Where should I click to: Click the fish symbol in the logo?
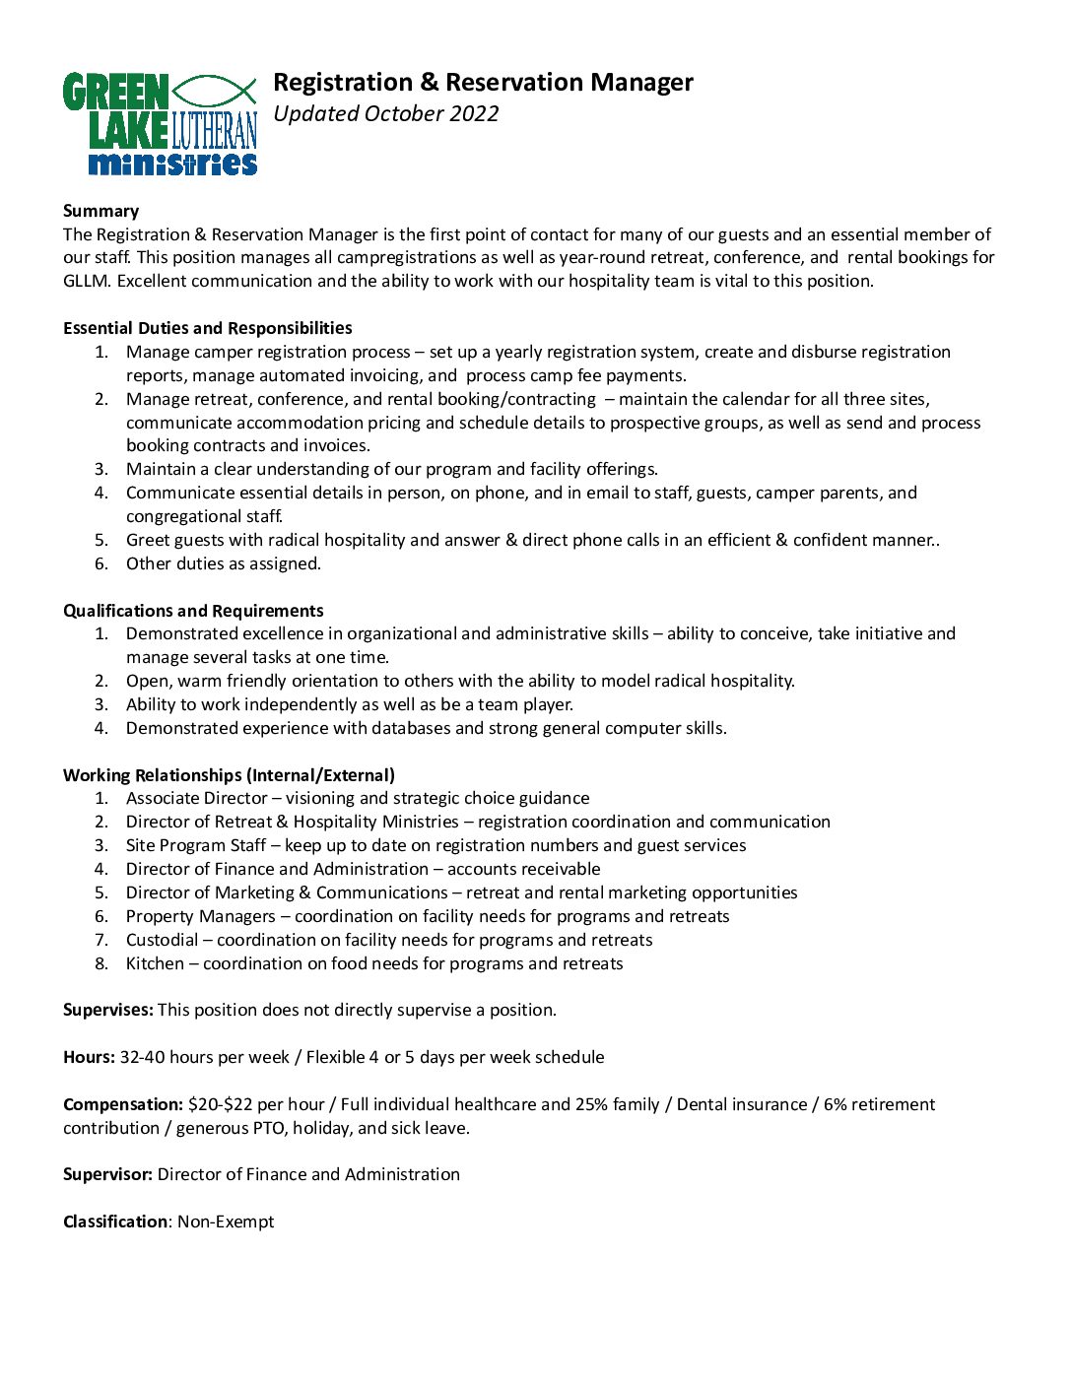215,91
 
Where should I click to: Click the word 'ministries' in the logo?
172,163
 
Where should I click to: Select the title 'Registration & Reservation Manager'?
483,83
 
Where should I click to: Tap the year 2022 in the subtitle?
474,114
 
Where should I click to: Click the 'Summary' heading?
100,211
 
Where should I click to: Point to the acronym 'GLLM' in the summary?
87,281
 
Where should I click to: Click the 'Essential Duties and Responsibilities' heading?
207,328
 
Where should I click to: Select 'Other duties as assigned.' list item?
224,563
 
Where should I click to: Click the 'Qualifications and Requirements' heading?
193,611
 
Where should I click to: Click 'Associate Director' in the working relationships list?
196,798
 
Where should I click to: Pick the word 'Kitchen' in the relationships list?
155,963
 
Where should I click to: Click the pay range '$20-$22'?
220,1104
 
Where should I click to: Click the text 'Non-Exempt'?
226,1222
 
